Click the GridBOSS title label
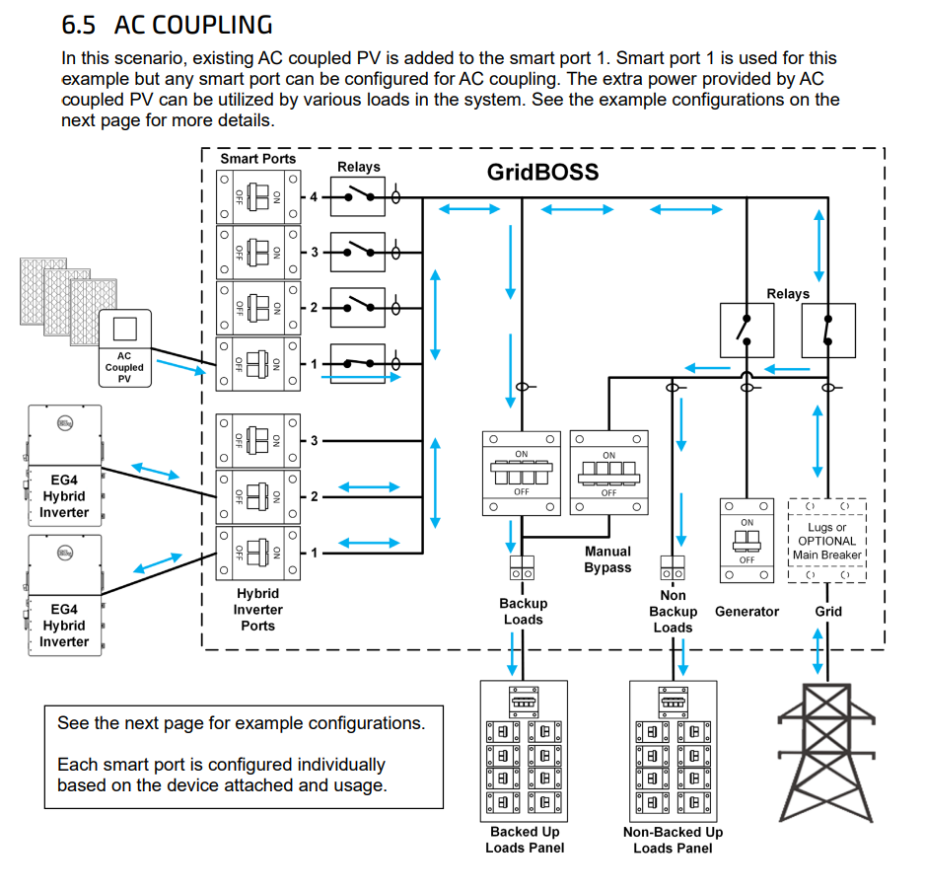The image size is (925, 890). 542,171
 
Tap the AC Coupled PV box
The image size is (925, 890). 124,347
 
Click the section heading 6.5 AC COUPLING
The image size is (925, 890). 167,25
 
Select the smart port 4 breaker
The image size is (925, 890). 256,197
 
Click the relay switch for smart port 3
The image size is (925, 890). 356,254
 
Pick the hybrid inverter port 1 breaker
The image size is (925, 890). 256,553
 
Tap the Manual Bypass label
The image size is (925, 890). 607,559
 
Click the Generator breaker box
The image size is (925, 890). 747,541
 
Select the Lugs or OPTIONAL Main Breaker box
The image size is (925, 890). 826,541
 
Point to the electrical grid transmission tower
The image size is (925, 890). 826,750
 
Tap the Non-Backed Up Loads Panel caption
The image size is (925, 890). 673,840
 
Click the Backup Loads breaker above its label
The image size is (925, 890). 522,473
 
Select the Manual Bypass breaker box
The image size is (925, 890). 608,473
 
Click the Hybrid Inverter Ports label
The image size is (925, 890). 257,610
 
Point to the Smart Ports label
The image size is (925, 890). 257,158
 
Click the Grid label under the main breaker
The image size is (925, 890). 828,612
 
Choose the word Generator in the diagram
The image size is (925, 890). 747,612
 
